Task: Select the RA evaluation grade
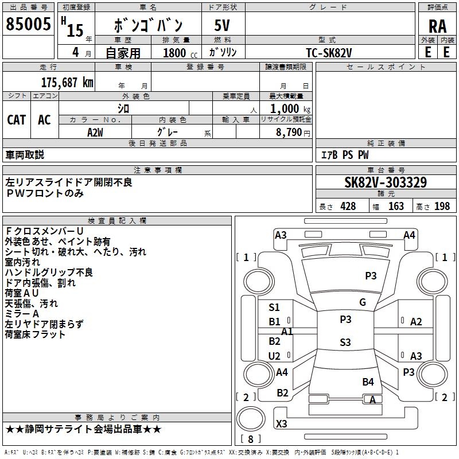437,26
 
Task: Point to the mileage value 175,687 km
67,82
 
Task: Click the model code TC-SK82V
329,53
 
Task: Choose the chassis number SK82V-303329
385,182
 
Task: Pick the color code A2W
95,132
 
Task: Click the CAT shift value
17,120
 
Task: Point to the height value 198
442,207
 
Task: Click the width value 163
396,207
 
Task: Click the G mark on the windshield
363,302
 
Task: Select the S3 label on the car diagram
345,343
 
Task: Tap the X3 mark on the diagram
282,424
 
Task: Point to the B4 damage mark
368,382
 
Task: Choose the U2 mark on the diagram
275,356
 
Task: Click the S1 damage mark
274,308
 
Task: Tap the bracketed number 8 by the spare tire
251,439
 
